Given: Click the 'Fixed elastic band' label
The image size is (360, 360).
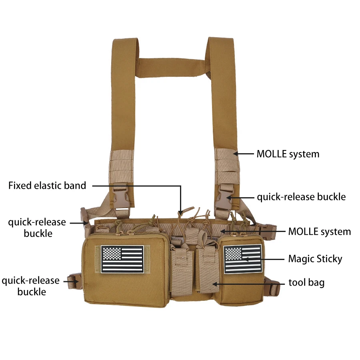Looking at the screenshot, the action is click(47, 186).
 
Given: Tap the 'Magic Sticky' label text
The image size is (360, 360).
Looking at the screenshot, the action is click(315, 259).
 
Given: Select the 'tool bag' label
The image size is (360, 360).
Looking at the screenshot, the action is click(306, 283).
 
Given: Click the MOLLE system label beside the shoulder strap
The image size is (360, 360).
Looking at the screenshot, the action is click(288, 154).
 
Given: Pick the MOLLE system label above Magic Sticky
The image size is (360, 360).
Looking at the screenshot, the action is click(319, 232).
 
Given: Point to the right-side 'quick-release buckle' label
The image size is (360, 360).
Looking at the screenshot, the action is click(301, 197).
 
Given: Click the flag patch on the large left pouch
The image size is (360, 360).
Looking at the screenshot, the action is click(122, 259).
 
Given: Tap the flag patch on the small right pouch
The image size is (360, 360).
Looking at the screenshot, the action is click(243, 259).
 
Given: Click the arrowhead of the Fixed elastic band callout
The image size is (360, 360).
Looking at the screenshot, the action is click(181, 213).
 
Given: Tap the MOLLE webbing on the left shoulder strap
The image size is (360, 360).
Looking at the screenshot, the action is click(122, 167).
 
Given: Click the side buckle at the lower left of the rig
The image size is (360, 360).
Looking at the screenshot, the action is click(75, 281).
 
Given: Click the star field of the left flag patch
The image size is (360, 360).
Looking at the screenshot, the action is click(112, 254).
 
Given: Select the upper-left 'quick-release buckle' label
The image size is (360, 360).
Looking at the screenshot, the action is click(37, 228).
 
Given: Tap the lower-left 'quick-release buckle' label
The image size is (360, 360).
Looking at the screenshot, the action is click(31, 286).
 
